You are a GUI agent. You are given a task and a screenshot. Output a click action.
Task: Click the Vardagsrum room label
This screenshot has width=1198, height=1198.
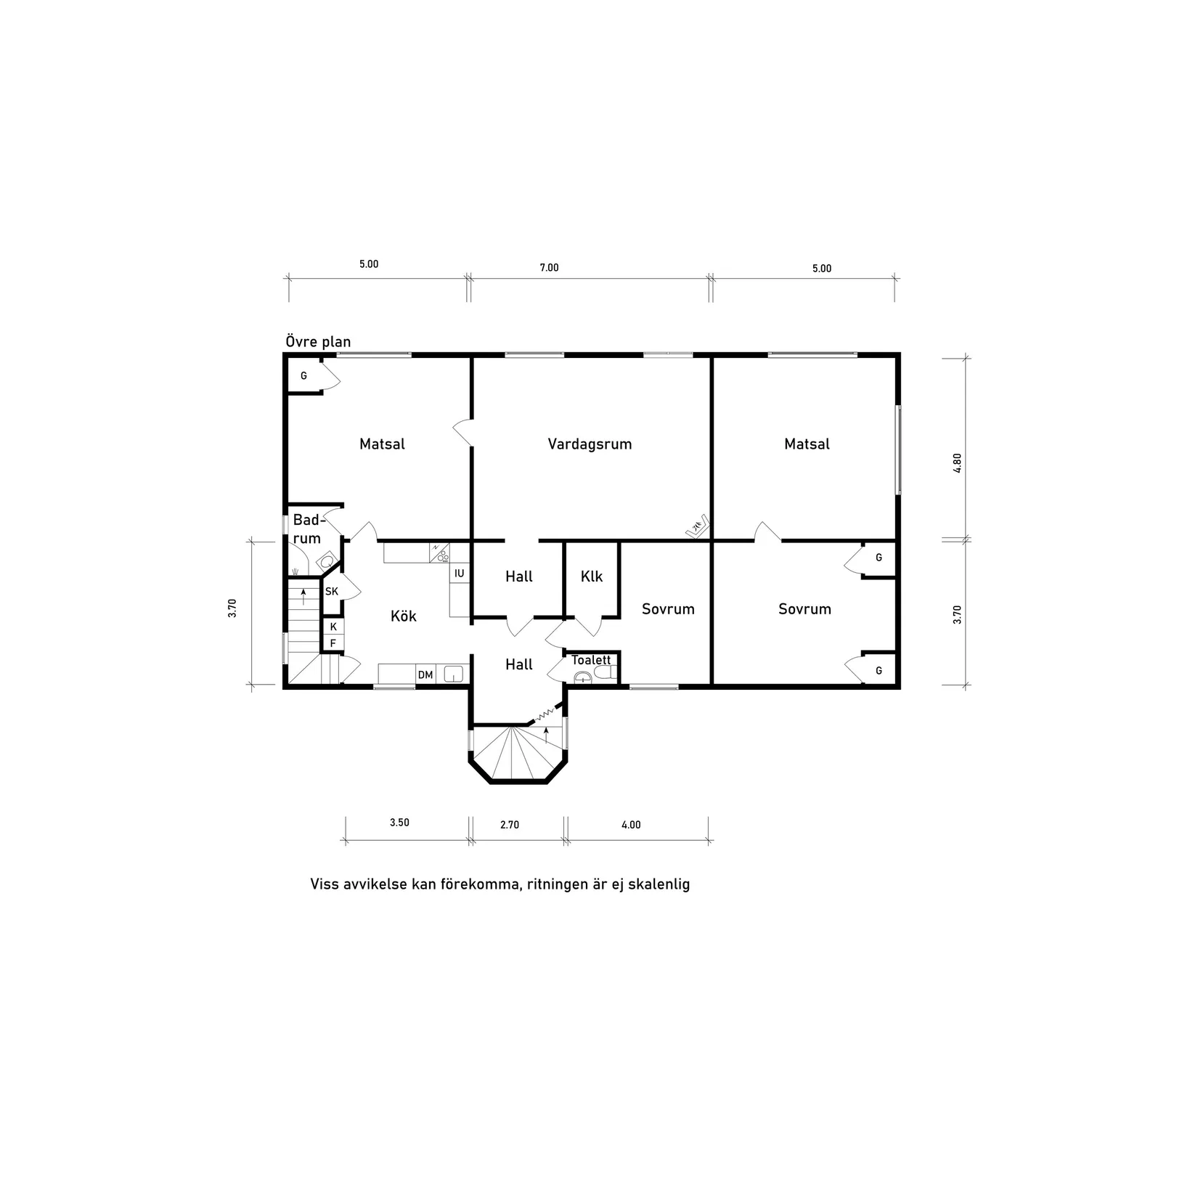coord(590,444)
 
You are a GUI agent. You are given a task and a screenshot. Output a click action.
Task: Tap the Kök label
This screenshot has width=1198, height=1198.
coord(404,616)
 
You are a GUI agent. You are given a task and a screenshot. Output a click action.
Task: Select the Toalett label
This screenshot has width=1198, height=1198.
coord(591,660)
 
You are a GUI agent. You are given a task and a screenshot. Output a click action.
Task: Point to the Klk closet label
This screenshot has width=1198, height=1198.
coord(592,576)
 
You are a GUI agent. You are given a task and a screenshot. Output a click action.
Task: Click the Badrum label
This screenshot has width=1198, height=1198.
coord(306,529)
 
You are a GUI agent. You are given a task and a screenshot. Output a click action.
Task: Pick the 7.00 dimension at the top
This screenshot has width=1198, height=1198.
coord(549,268)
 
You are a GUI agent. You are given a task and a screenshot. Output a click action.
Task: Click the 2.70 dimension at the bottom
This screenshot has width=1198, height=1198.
coord(510,825)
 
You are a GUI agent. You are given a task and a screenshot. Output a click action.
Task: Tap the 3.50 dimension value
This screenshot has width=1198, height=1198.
coord(399,823)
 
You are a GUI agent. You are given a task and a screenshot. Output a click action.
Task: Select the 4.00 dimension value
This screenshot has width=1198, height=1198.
coord(631,825)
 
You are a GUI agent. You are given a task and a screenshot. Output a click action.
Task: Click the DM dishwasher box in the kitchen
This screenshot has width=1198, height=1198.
coord(425,675)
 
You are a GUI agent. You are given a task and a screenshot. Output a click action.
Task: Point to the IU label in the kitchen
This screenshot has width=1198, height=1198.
coord(459,574)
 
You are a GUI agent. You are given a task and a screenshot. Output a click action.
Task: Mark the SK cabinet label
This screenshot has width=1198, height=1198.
coord(332,592)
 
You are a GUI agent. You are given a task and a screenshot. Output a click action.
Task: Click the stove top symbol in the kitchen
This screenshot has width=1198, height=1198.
coord(439,553)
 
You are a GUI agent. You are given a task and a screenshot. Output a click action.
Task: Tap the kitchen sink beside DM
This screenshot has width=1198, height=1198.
coord(453,675)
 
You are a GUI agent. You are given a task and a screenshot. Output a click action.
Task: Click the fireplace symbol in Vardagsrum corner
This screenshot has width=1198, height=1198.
coord(698,526)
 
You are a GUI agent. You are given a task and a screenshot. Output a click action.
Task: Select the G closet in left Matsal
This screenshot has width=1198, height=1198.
coord(304,376)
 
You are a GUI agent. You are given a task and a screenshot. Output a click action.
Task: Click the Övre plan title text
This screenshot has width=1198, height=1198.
coord(318,342)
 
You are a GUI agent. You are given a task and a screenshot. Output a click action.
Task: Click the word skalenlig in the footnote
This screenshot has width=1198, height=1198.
coord(655,885)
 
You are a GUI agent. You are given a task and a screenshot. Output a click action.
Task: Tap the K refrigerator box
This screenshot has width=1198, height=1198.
coord(333,627)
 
